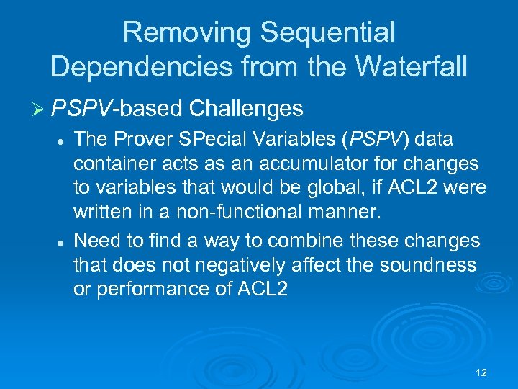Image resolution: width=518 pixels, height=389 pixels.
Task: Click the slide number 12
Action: pos(481,372)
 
